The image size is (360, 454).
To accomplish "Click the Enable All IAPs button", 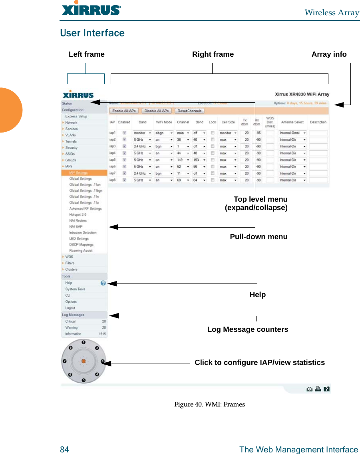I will (x=124, y=111).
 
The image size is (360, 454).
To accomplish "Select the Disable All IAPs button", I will (x=157, y=111).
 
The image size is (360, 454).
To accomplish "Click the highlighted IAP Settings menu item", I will (x=78, y=173).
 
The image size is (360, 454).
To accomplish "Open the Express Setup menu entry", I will (x=76, y=117).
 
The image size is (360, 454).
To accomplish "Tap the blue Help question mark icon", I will (x=103, y=283).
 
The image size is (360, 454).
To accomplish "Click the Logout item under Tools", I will (x=70, y=308).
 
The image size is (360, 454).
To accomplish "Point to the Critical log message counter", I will (x=70, y=321).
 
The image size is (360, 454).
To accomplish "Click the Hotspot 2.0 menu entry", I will (x=78, y=214).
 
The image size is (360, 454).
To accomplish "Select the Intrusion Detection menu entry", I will (x=83, y=232).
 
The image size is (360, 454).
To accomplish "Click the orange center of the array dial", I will (x=84, y=361).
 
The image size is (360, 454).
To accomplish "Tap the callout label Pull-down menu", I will (x=259, y=237).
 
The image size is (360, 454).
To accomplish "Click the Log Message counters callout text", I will (x=247, y=329).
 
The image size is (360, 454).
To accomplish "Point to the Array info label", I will (x=329, y=54).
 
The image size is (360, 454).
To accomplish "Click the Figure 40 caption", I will (x=209, y=404).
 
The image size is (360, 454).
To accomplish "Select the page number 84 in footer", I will (x=64, y=450).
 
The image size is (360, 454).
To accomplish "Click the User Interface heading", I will (x=92, y=33).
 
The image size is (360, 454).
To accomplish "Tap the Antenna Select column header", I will (x=292, y=122).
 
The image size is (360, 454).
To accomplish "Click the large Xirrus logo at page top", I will (x=91, y=10).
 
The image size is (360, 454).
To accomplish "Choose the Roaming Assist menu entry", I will (x=81, y=251).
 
